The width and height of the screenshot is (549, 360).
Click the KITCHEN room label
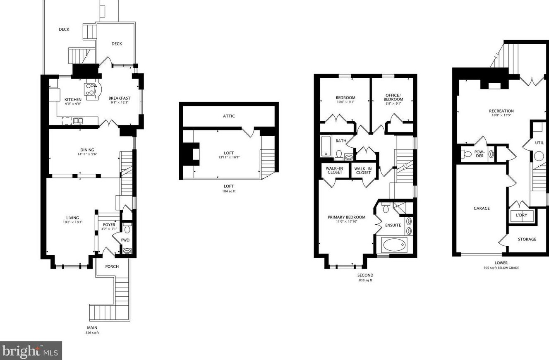[x=73, y=100]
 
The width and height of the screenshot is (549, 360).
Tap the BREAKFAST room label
[x=119, y=98]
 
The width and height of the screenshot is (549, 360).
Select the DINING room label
[x=87, y=150]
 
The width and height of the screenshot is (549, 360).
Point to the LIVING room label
[x=72, y=218]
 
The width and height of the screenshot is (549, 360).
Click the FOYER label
[x=109, y=225]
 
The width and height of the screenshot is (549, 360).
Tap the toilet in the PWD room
[x=127, y=228]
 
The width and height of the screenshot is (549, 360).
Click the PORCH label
[x=112, y=266]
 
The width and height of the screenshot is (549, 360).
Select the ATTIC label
[x=229, y=116]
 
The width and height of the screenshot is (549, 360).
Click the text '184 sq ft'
[x=229, y=192]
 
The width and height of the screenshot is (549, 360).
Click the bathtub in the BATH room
[x=326, y=146]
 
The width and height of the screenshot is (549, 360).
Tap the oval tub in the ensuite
[x=395, y=245]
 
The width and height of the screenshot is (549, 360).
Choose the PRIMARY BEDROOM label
[x=346, y=218]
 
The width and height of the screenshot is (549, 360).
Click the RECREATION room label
[x=501, y=111]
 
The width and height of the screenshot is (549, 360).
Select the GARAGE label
[x=482, y=209]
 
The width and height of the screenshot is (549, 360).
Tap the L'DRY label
[x=521, y=216]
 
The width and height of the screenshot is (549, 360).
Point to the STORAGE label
[x=527, y=239]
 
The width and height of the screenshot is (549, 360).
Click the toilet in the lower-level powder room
[x=467, y=154]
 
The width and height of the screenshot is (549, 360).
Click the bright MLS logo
[x=31, y=351]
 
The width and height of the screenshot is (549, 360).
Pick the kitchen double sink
[x=78, y=121]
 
